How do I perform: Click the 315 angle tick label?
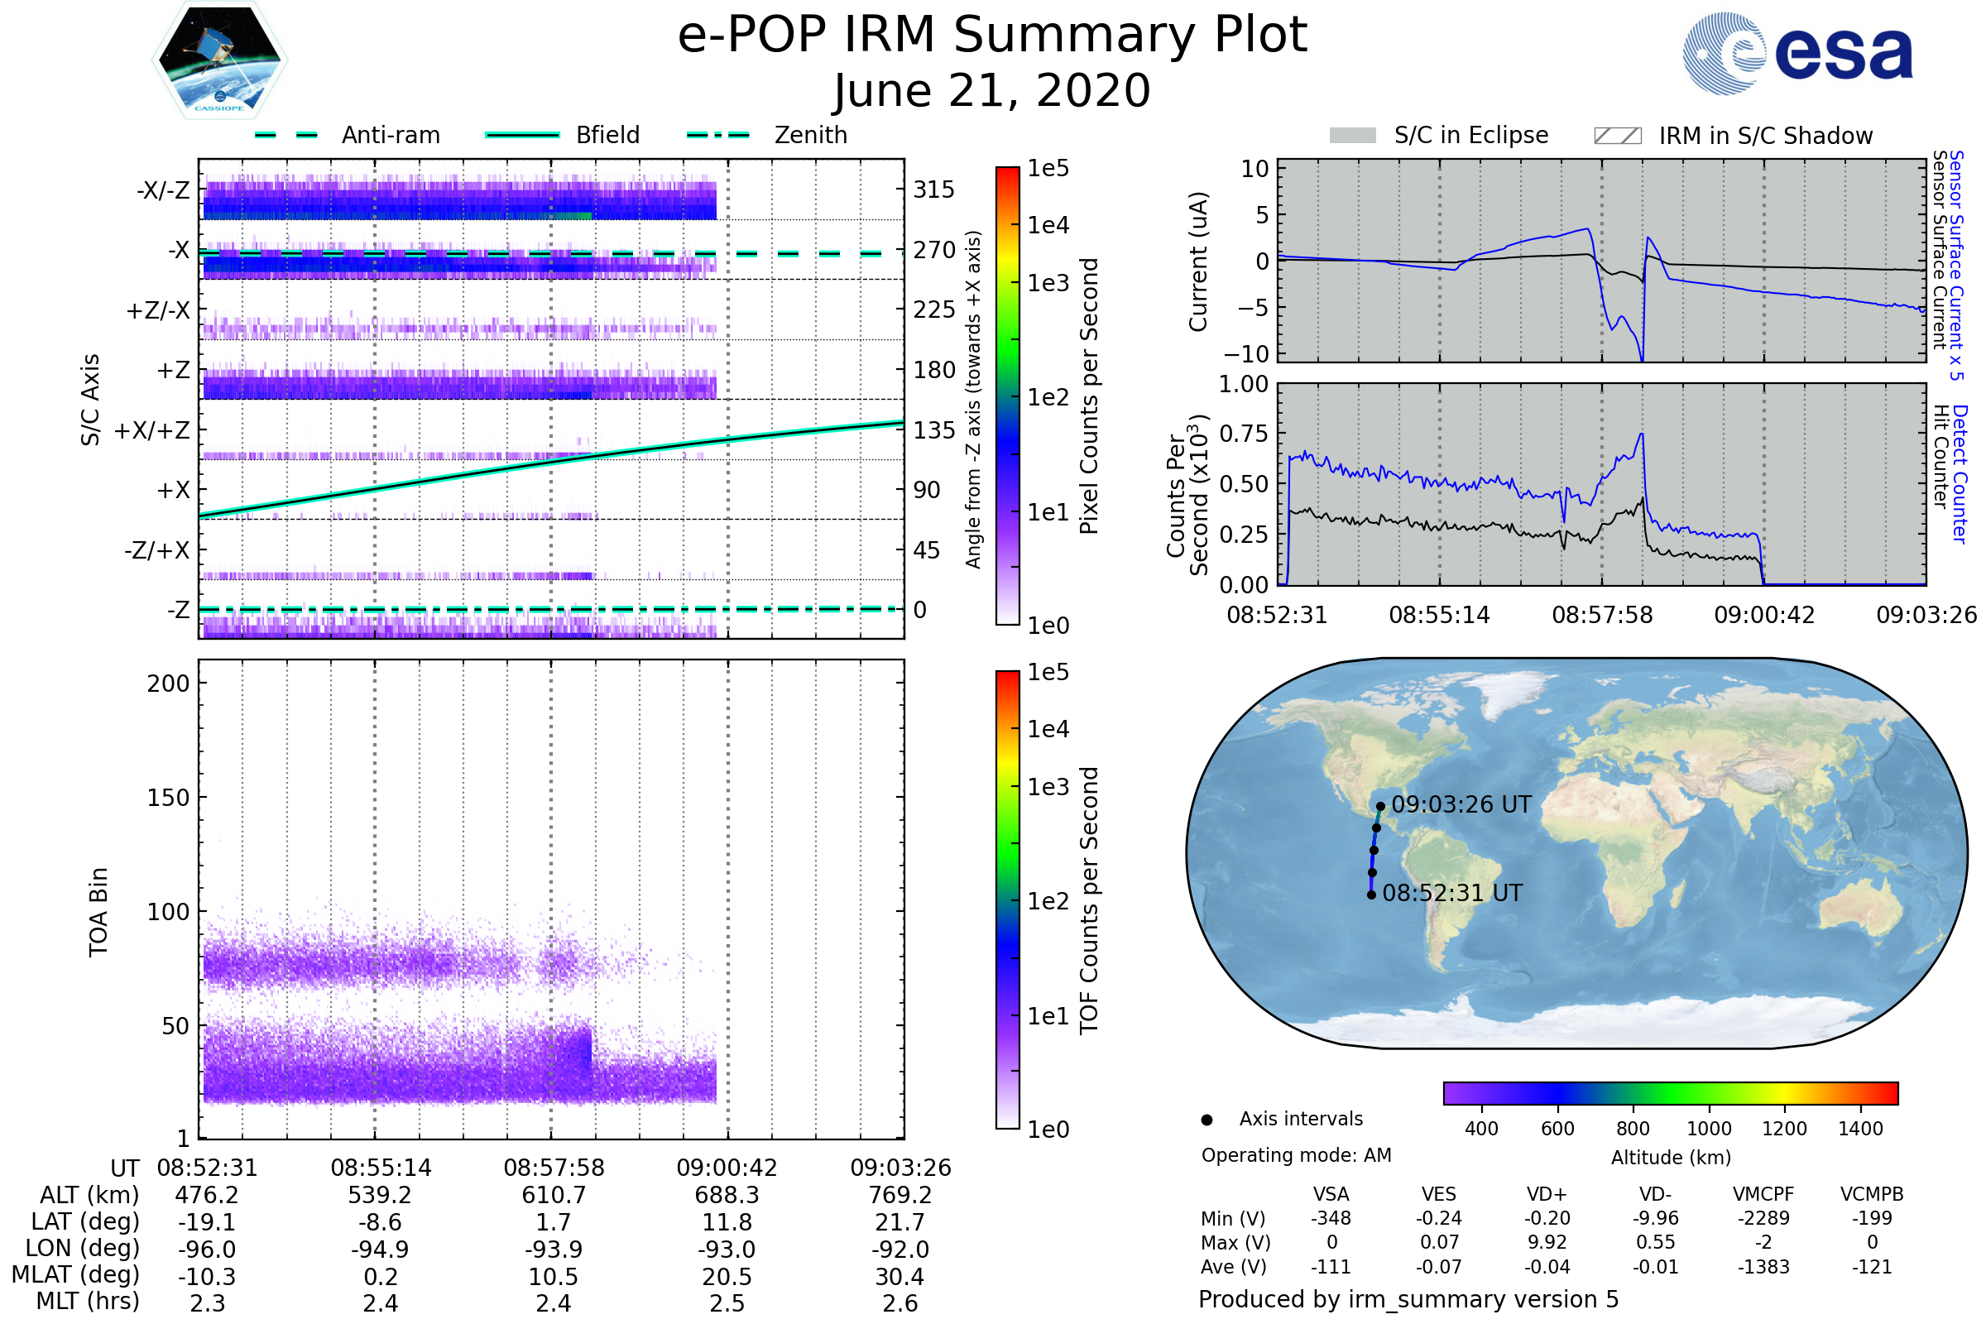click(x=933, y=189)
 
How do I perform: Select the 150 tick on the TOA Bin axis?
click(x=168, y=798)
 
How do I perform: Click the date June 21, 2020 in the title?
click(x=992, y=90)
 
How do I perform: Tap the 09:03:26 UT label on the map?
click(x=1461, y=804)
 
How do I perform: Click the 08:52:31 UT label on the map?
click(x=1452, y=894)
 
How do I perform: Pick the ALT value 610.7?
click(x=553, y=1196)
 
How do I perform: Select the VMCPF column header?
click(x=1763, y=1195)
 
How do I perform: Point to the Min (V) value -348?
click(x=1331, y=1218)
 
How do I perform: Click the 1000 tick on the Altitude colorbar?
click(x=1709, y=1129)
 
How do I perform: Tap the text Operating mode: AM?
click(x=1296, y=1155)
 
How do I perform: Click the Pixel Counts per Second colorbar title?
click(x=1089, y=396)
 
